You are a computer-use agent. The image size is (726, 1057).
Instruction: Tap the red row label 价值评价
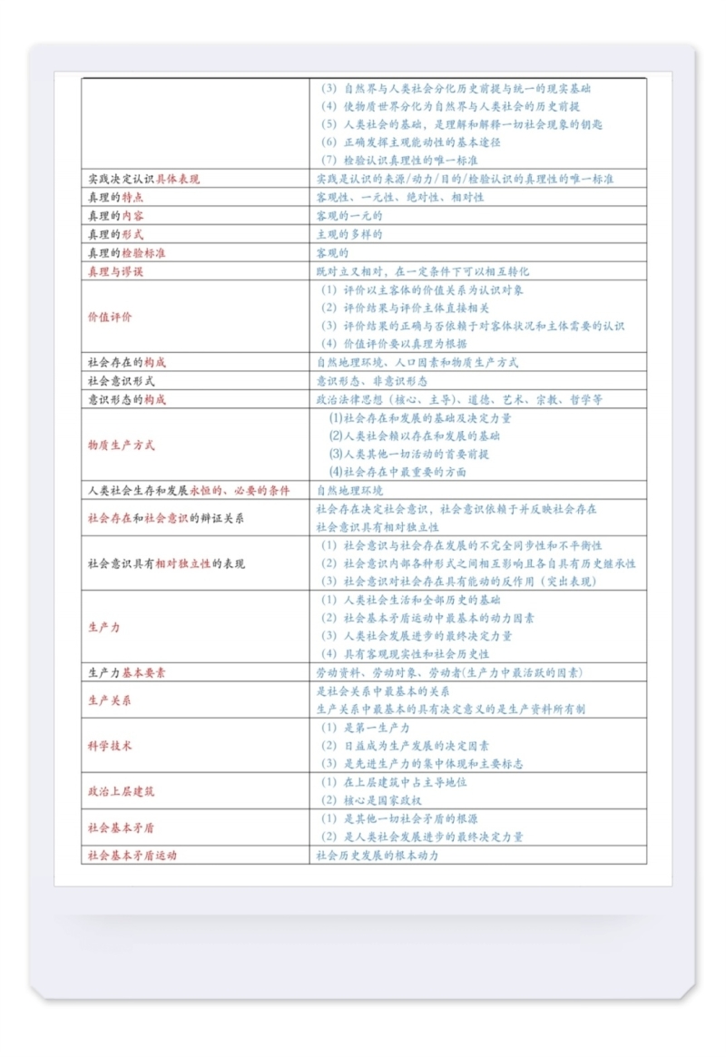[x=109, y=317]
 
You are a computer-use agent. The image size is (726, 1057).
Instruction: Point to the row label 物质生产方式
[x=121, y=445]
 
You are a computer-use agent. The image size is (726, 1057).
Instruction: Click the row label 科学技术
[x=109, y=746]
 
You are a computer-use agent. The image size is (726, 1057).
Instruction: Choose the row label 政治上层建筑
[x=121, y=791]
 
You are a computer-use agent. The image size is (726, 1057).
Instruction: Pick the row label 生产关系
[x=109, y=700]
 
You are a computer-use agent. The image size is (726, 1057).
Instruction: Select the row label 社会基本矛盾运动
[x=132, y=856]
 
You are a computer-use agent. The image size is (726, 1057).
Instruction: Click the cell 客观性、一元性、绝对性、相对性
[x=399, y=197]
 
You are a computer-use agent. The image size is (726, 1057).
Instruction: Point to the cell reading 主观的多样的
[x=348, y=234]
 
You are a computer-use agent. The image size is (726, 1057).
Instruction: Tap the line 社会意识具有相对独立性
[x=378, y=526]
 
